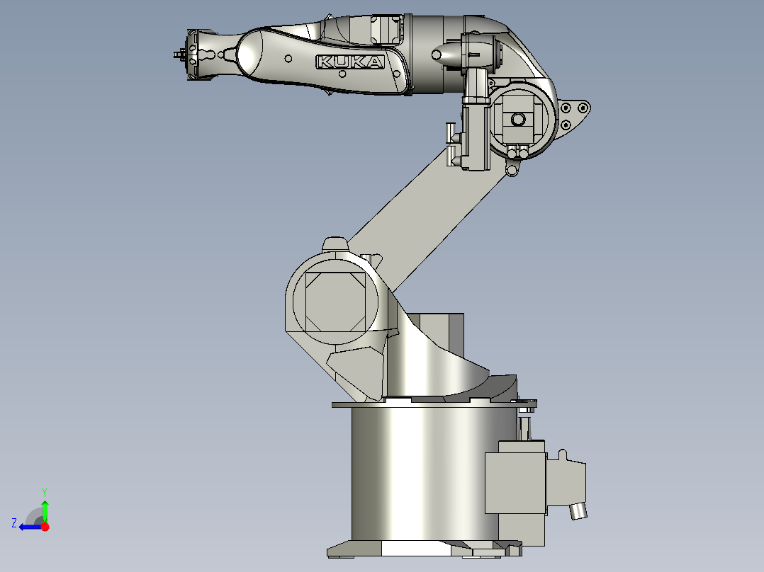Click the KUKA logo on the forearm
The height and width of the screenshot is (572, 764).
350,62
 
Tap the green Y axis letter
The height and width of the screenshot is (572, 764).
44,491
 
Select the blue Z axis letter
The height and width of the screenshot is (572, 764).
13,523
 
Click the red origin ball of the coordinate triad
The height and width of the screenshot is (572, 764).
45,527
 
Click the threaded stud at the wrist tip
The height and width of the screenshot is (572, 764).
177,55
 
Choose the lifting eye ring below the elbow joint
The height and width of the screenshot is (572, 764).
513,170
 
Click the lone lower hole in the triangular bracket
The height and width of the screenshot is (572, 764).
566,125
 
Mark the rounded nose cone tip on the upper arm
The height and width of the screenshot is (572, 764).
437,54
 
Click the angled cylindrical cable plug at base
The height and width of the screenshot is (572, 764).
579,510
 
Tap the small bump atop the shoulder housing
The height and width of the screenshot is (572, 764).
335,244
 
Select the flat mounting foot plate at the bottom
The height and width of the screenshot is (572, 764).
422,549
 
